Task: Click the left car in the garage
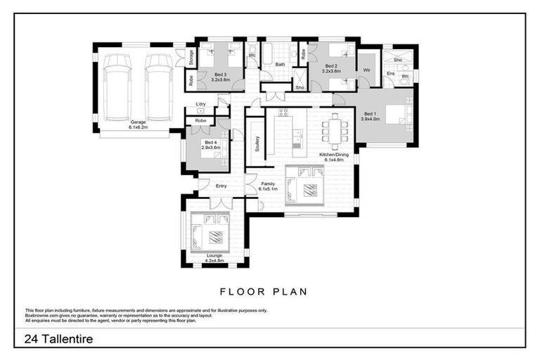click(117, 87)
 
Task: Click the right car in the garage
click(159, 87)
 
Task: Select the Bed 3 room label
click(220, 77)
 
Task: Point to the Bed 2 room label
click(330, 68)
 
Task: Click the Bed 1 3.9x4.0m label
click(370, 116)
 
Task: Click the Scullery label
click(258, 145)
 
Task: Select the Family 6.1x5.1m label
click(268, 186)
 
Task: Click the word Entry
click(221, 186)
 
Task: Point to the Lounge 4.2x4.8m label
click(214, 258)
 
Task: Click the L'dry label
click(200, 103)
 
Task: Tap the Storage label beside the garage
click(191, 58)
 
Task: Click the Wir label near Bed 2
click(366, 70)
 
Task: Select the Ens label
click(390, 73)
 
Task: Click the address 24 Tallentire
click(58, 339)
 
